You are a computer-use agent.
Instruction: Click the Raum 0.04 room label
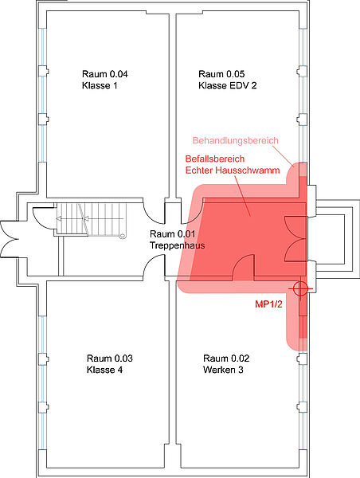105,74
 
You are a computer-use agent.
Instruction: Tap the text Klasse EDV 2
228,86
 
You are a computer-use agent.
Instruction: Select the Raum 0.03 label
110,358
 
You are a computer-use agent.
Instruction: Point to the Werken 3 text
223,370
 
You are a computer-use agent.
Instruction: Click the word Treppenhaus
177,245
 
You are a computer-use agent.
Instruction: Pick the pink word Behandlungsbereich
235,140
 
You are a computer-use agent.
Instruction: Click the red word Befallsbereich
215,159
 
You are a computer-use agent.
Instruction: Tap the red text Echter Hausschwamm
233,170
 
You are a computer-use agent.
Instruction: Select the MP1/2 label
268,304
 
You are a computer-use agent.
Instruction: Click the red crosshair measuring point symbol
300,288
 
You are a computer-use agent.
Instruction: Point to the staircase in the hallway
92,219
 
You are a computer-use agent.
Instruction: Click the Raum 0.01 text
173,234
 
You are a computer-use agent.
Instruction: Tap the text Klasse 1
100,86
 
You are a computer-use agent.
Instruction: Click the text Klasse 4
104,370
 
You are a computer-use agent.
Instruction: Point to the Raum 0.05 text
221,74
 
